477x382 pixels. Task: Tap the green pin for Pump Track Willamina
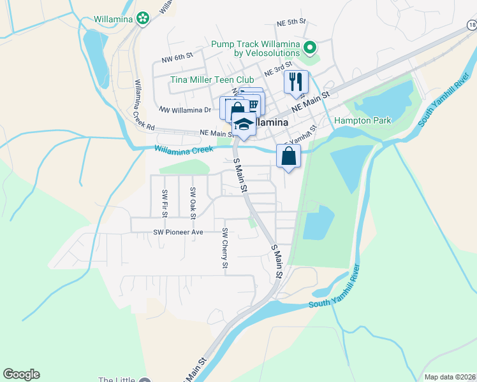(x=310, y=48)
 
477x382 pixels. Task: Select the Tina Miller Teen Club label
(x=212, y=80)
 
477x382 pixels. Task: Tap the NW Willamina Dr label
(x=184, y=110)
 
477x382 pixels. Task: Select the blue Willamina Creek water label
(x=183, y=150)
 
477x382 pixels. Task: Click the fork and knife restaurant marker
(x=297, y=81)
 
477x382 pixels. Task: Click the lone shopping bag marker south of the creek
(x=289, y=155)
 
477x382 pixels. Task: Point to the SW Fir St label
(x=165, y=203)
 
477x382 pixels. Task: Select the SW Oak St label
(x=192, y=200)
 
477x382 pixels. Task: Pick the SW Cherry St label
(x=225, y=248)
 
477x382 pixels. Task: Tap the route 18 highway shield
(x=471, y=25)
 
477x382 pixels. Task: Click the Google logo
(x=21, y=374)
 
